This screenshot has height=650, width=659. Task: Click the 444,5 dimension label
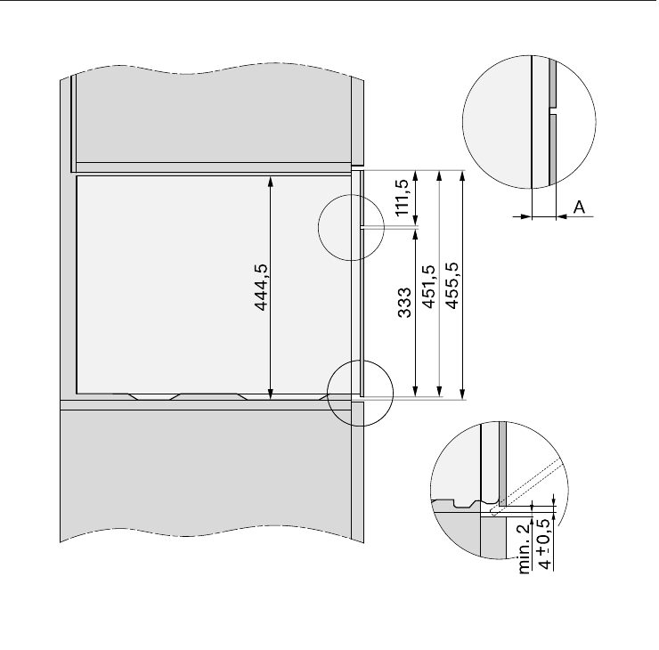pyautogui.click(x=262, y=288)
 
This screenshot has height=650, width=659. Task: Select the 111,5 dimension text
pyautogui.click(x=403, y=198)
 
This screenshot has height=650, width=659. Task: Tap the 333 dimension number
pyautogui.click(x=404, y=303)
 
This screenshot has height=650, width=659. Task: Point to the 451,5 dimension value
pyautogui.click(x=428, y=287)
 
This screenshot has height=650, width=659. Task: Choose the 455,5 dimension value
pyautogui.click(x=452, y=285)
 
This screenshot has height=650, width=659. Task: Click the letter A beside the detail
pyautogui.click(x=579, y=207)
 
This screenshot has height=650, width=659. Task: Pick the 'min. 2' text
pyautogui.click(x=525, y=548)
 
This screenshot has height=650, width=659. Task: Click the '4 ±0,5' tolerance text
pyautogui.click(x=544, y=544)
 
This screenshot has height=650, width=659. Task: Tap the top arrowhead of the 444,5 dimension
pyautogui.click(x=270, y=182)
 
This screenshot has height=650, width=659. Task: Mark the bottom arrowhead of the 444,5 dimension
pyautogui.click(x=270, y=394)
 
